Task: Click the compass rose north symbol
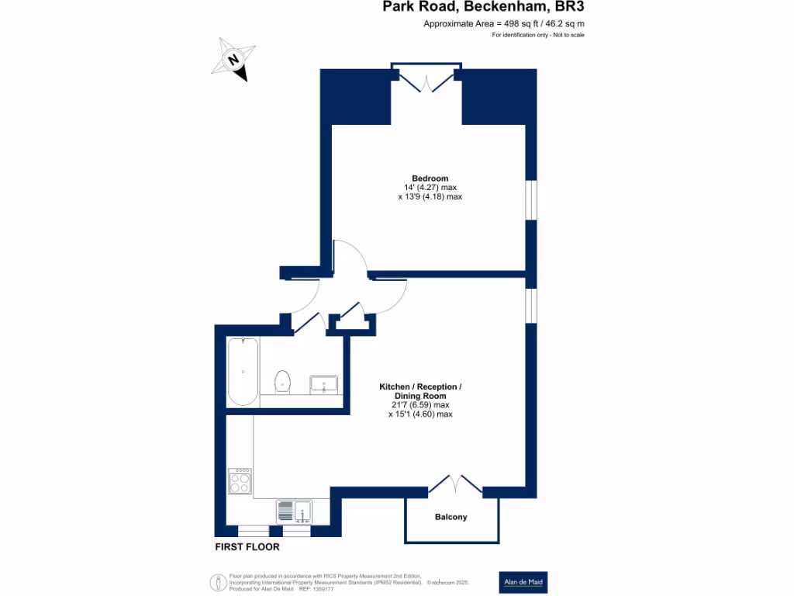click(x=233, y=59)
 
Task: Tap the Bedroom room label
click(x=430, y=178)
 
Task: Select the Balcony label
click(x=451, y=517)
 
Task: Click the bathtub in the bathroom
click(x=243, y=371)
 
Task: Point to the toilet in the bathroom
click(x=283, y=380)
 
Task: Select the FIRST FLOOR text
click(x=247, y=547)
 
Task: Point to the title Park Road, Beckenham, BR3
click(x=483, y=8)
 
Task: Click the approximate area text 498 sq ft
click(x=503, y=24)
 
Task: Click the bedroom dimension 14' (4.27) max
click(x=430, y=188)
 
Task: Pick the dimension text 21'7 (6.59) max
click(x=419, y=405)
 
